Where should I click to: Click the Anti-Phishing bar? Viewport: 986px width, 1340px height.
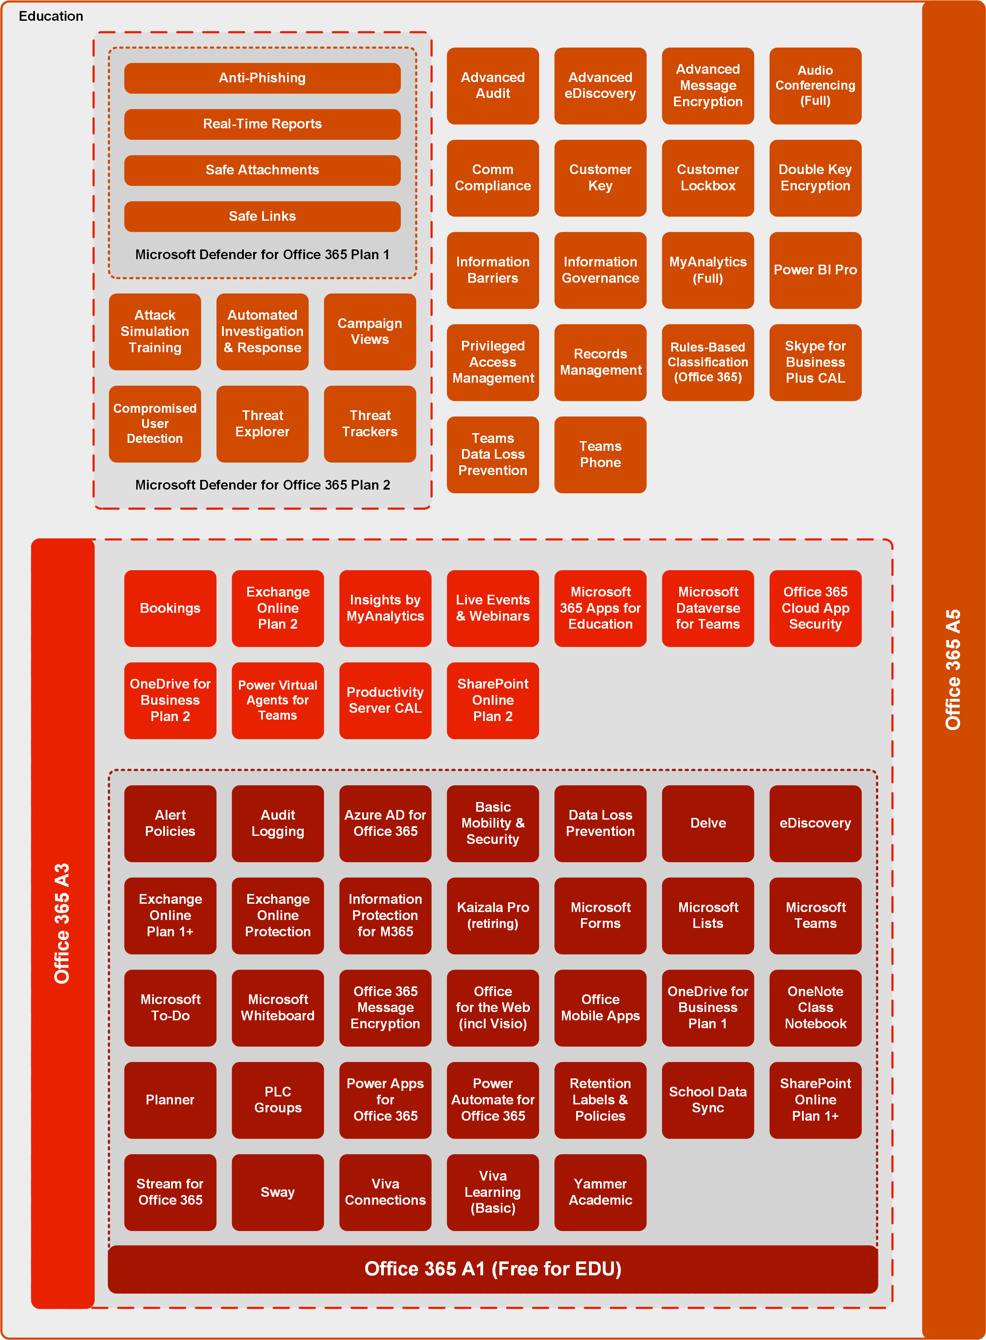point(262,78)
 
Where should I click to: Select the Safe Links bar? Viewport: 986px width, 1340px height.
point(262,216)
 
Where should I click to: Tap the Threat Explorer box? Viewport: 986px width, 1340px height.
point(262,423)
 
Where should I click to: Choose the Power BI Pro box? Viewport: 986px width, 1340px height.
point(815,270)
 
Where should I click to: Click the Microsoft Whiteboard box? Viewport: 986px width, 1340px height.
point(277,1008)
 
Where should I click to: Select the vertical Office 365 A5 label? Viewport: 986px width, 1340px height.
point(953,669)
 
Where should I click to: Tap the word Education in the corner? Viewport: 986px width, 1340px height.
point(51,16)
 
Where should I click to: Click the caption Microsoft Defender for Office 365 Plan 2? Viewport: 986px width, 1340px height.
point(262,485)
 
